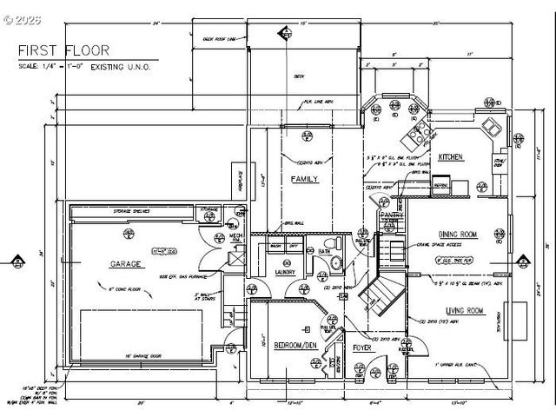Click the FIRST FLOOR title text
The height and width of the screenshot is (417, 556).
(x=56, y=50)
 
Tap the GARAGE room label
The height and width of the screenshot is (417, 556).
(x=126, y=263)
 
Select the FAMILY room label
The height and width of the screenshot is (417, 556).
(x=304, y=179)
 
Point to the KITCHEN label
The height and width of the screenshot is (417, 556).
(x=450, y=157)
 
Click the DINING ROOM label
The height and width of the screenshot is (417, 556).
(x=457, y=234)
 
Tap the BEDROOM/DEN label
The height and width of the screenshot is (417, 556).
(x=295, y=346)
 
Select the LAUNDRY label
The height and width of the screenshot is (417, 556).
(x=287, y=272)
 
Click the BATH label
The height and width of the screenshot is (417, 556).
(x=323, y=251)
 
